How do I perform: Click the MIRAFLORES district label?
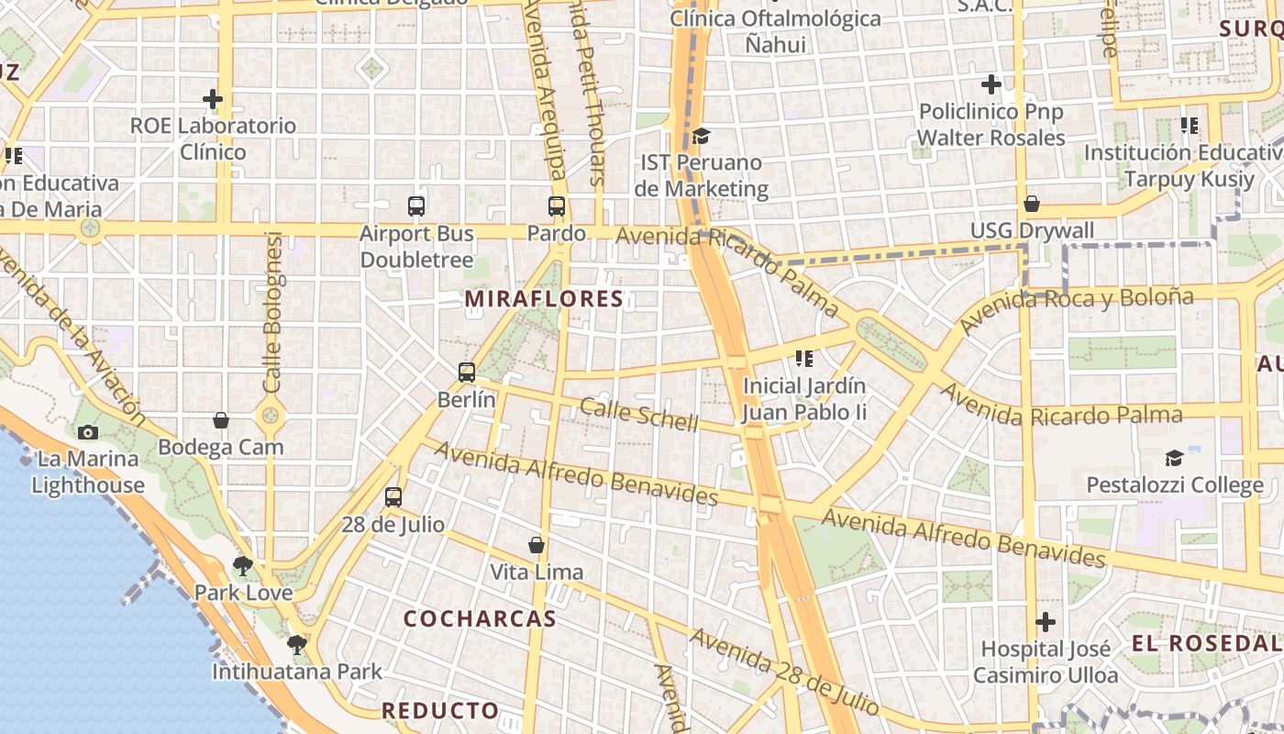(544, 299)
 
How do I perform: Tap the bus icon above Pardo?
(557, 206)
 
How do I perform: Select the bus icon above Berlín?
(467, 373)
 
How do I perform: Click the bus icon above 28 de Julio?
(393, 497)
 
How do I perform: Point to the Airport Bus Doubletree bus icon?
(416, 206)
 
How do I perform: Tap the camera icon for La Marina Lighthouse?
(88, 432)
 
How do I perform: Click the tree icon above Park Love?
(242, 565)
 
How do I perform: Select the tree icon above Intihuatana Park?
(296, 644)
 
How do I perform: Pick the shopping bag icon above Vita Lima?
(537, 545)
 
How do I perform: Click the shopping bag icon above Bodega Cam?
(221, 420)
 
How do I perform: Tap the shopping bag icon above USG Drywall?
(1032, 203)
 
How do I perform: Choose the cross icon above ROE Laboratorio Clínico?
(213, 98)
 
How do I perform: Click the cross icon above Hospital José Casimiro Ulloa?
(1046, 622)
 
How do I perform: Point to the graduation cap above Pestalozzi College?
(1174, 458)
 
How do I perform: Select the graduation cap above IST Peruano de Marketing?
(702, 136)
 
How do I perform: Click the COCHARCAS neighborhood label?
(480, 619)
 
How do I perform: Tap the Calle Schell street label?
(639, 416)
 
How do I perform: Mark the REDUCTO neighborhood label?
(440, 711)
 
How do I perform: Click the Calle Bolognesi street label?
(273, 312)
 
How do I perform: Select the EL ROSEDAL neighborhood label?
(1206, 643)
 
